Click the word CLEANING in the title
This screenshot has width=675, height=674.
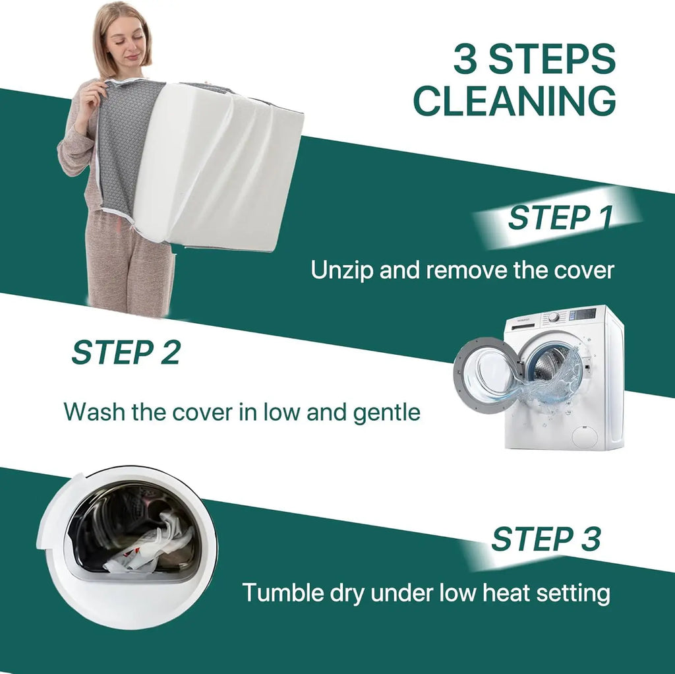click(514, 100)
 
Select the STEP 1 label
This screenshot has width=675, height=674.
click(560, 218)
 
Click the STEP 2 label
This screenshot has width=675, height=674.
click(126, 352)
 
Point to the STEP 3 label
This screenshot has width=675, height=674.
click(546, 539)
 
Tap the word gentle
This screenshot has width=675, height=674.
click(386, 413)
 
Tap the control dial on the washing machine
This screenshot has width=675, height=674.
click(554, 317)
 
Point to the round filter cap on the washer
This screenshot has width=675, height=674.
click(585, 435)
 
